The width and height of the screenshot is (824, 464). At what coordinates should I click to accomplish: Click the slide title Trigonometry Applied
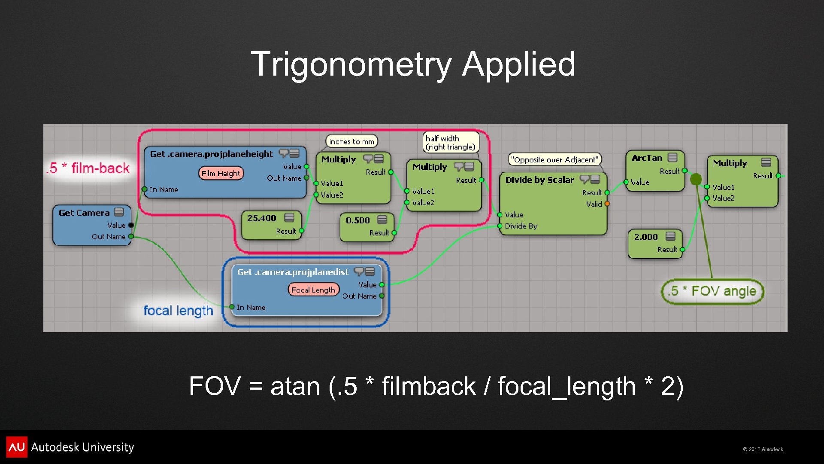tap(413, 64)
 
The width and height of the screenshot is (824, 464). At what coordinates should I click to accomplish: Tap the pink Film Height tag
tap(221, 174)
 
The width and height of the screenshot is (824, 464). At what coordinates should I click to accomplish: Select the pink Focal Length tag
tap(313, 290)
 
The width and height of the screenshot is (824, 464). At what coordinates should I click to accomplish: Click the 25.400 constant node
tap(262, 218)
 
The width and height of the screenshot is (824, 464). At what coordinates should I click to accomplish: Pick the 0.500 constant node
tap(357, 220)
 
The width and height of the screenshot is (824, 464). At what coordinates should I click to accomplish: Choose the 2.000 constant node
tap(646, 237)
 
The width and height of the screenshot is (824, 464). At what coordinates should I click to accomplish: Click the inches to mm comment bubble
tap(351, 141)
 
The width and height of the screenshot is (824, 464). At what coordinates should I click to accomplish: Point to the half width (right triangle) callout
tap(450, 143)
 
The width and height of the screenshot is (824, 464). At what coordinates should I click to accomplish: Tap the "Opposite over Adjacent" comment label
tap(554, 160)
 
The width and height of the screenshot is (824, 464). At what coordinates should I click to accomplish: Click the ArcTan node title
tap(647, 158)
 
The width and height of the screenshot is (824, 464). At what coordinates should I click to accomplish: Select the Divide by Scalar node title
tap(539, 180)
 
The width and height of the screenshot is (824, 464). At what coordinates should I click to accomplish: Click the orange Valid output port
tap(607, 204)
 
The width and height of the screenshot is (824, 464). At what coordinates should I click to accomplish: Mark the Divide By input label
tap(521, 226)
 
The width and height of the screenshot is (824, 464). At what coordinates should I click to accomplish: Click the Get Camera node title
tap(84, 213)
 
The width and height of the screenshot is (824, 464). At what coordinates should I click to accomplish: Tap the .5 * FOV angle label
tap(712, 291)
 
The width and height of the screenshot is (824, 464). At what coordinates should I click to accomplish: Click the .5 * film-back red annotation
tap(88, 168)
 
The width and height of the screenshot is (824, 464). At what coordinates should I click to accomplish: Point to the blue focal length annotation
tap(178, 310)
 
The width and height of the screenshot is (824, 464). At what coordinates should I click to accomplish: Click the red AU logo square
tap(17, 447)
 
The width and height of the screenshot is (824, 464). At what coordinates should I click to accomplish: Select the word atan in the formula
tap(295, 386)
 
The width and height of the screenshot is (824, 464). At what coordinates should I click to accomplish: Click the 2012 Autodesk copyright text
tap(763, 449)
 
